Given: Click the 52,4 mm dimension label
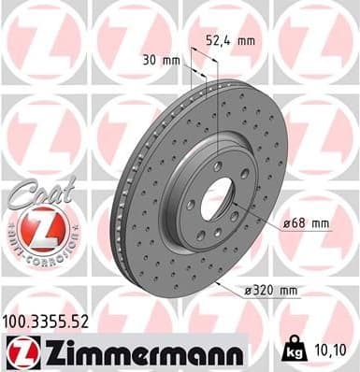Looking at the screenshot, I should (x=228, y=40).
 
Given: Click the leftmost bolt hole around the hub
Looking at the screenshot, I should (x=190, y=204).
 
